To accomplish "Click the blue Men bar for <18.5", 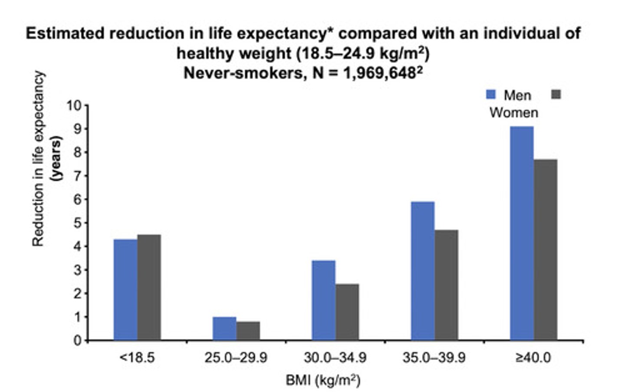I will click(x=125, y=289).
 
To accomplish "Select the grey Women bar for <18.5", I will click(x=149, y=287).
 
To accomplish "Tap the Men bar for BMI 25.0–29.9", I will click(x=224, y=328).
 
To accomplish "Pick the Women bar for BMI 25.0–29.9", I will click(x=248, y=330).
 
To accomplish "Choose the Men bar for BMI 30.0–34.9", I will click(x=323, y=300).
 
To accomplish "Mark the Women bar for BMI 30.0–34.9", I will click(x=347, y=312).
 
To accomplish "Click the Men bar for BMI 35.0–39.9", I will click(x=422, y=271).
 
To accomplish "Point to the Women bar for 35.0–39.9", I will click(x=446, y=285).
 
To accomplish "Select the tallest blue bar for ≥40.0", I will click(x=522, y=233).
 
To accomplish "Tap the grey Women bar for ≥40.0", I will click(x=546, y=249).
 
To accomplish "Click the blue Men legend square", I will click(x=491, y=95).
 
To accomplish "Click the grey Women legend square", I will click(x=556, y=95).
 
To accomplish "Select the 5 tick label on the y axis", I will click(x=78, y=223).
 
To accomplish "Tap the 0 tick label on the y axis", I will click(x=78, y=340).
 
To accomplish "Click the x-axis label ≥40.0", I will click(x=533, y=358).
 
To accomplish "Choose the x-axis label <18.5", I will click(x=137, y=358).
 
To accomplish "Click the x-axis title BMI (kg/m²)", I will click(x=323, y=380).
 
